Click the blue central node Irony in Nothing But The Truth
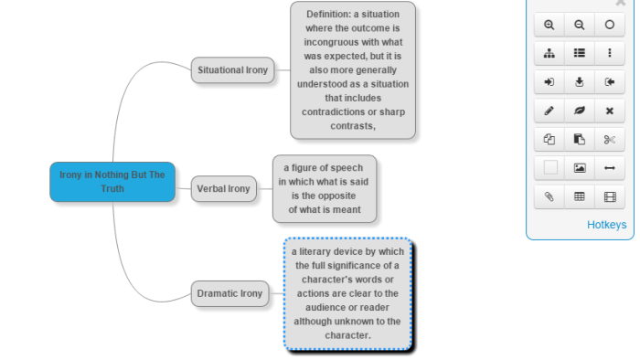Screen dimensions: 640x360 click(112, 182)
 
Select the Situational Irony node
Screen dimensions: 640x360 click(232, 70)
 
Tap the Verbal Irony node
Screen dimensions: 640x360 click(223, 189)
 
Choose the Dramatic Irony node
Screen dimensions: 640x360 click(229, 293)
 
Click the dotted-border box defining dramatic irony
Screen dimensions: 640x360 click(347, 293)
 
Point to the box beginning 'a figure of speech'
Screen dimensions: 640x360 click(325, 189)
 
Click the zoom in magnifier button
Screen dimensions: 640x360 click(549, 25)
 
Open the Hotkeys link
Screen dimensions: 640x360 click(606, 225)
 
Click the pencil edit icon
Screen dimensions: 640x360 click(549, 111)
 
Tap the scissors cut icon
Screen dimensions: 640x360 click(610, 140)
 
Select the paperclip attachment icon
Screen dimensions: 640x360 click(549, 197)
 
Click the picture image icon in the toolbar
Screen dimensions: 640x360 click(579, 168)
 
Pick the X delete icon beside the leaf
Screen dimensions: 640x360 click(610, 111)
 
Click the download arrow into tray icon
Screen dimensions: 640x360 click(579, 82)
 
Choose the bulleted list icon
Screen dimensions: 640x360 click(579, 53)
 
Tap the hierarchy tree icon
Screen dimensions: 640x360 click(549, 53)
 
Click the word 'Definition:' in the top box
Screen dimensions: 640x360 click(328, 15)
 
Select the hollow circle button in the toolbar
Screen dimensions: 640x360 click(610, 25)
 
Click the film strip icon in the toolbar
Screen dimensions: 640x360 click(610, 197)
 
